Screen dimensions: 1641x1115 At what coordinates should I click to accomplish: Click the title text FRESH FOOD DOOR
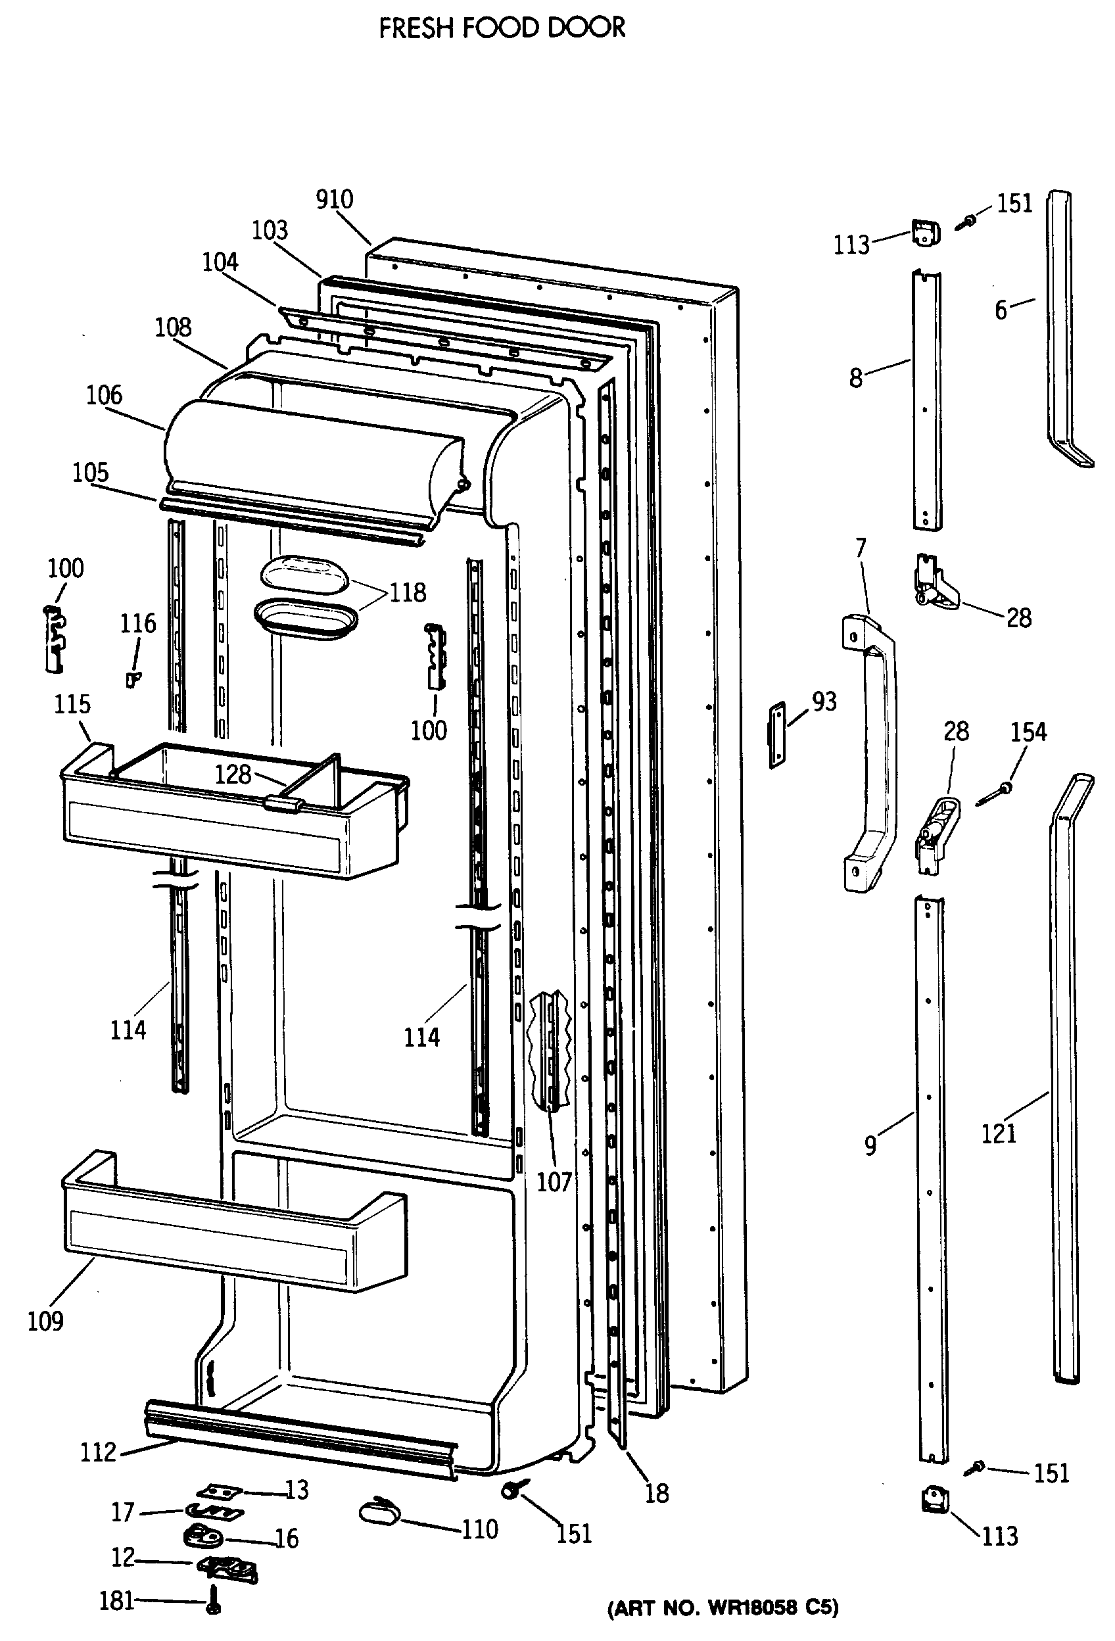[502, 28]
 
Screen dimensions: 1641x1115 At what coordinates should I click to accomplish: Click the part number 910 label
[334, 200]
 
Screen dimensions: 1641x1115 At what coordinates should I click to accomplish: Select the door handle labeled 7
[870, 751]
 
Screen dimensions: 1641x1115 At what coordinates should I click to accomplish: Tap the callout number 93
[824, 701]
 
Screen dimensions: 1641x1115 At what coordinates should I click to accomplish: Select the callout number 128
[233, 774]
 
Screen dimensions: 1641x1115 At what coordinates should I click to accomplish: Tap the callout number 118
[408, 592]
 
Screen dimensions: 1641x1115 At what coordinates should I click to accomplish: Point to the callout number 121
[999, 1133]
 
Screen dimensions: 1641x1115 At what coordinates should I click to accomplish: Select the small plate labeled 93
[778, 734]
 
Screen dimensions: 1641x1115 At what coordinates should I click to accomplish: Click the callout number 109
[46, 1320]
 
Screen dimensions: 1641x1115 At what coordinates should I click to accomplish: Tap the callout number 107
[554, 1181]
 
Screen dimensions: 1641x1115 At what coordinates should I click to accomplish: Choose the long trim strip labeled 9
[932, 1179]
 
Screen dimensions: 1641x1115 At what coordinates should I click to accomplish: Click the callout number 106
[104, 395]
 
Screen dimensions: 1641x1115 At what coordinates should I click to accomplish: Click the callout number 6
[1001, 310]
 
